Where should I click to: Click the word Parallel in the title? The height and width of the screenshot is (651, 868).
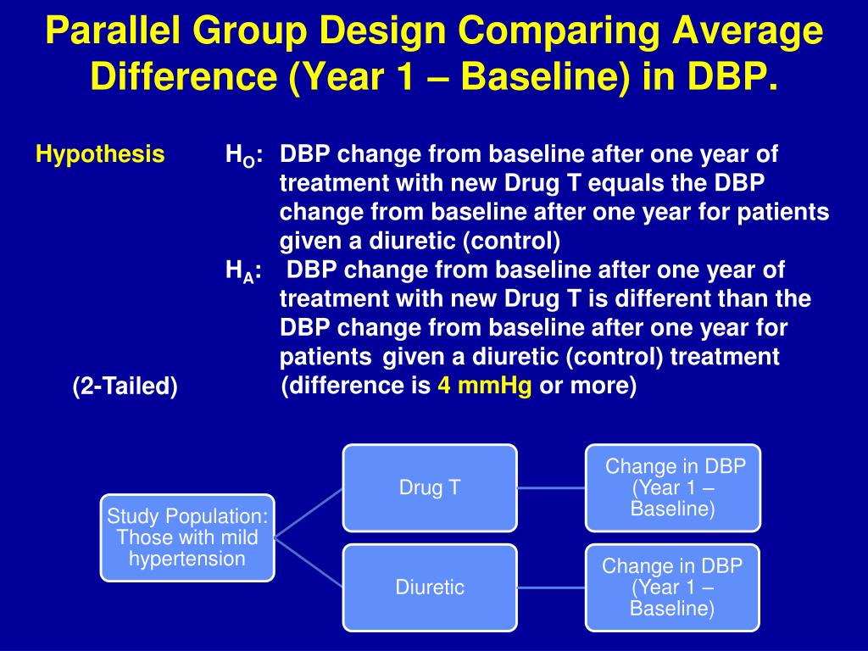[113, 31]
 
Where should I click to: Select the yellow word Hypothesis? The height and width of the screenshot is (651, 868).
[100, 154]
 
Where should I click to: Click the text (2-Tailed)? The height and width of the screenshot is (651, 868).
[125, 386]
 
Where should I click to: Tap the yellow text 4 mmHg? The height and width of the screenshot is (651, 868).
[485, 385]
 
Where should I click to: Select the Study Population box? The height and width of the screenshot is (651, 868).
[187, 537]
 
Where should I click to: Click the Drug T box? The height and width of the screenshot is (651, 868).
[430, 487]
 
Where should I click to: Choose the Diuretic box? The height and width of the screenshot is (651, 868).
[430, 587]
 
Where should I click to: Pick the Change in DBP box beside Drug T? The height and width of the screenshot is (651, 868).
[672, 487]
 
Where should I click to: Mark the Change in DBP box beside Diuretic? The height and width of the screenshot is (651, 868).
[672, 587]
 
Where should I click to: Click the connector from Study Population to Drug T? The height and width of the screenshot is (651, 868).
[309, 513]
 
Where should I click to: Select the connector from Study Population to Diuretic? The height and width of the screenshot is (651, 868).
[309, 563]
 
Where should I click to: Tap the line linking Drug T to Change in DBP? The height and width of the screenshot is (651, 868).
[551, 487]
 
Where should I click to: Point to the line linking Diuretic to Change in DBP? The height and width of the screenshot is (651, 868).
[551, 587]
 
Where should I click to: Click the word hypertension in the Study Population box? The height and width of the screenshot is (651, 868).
[187, 559]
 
